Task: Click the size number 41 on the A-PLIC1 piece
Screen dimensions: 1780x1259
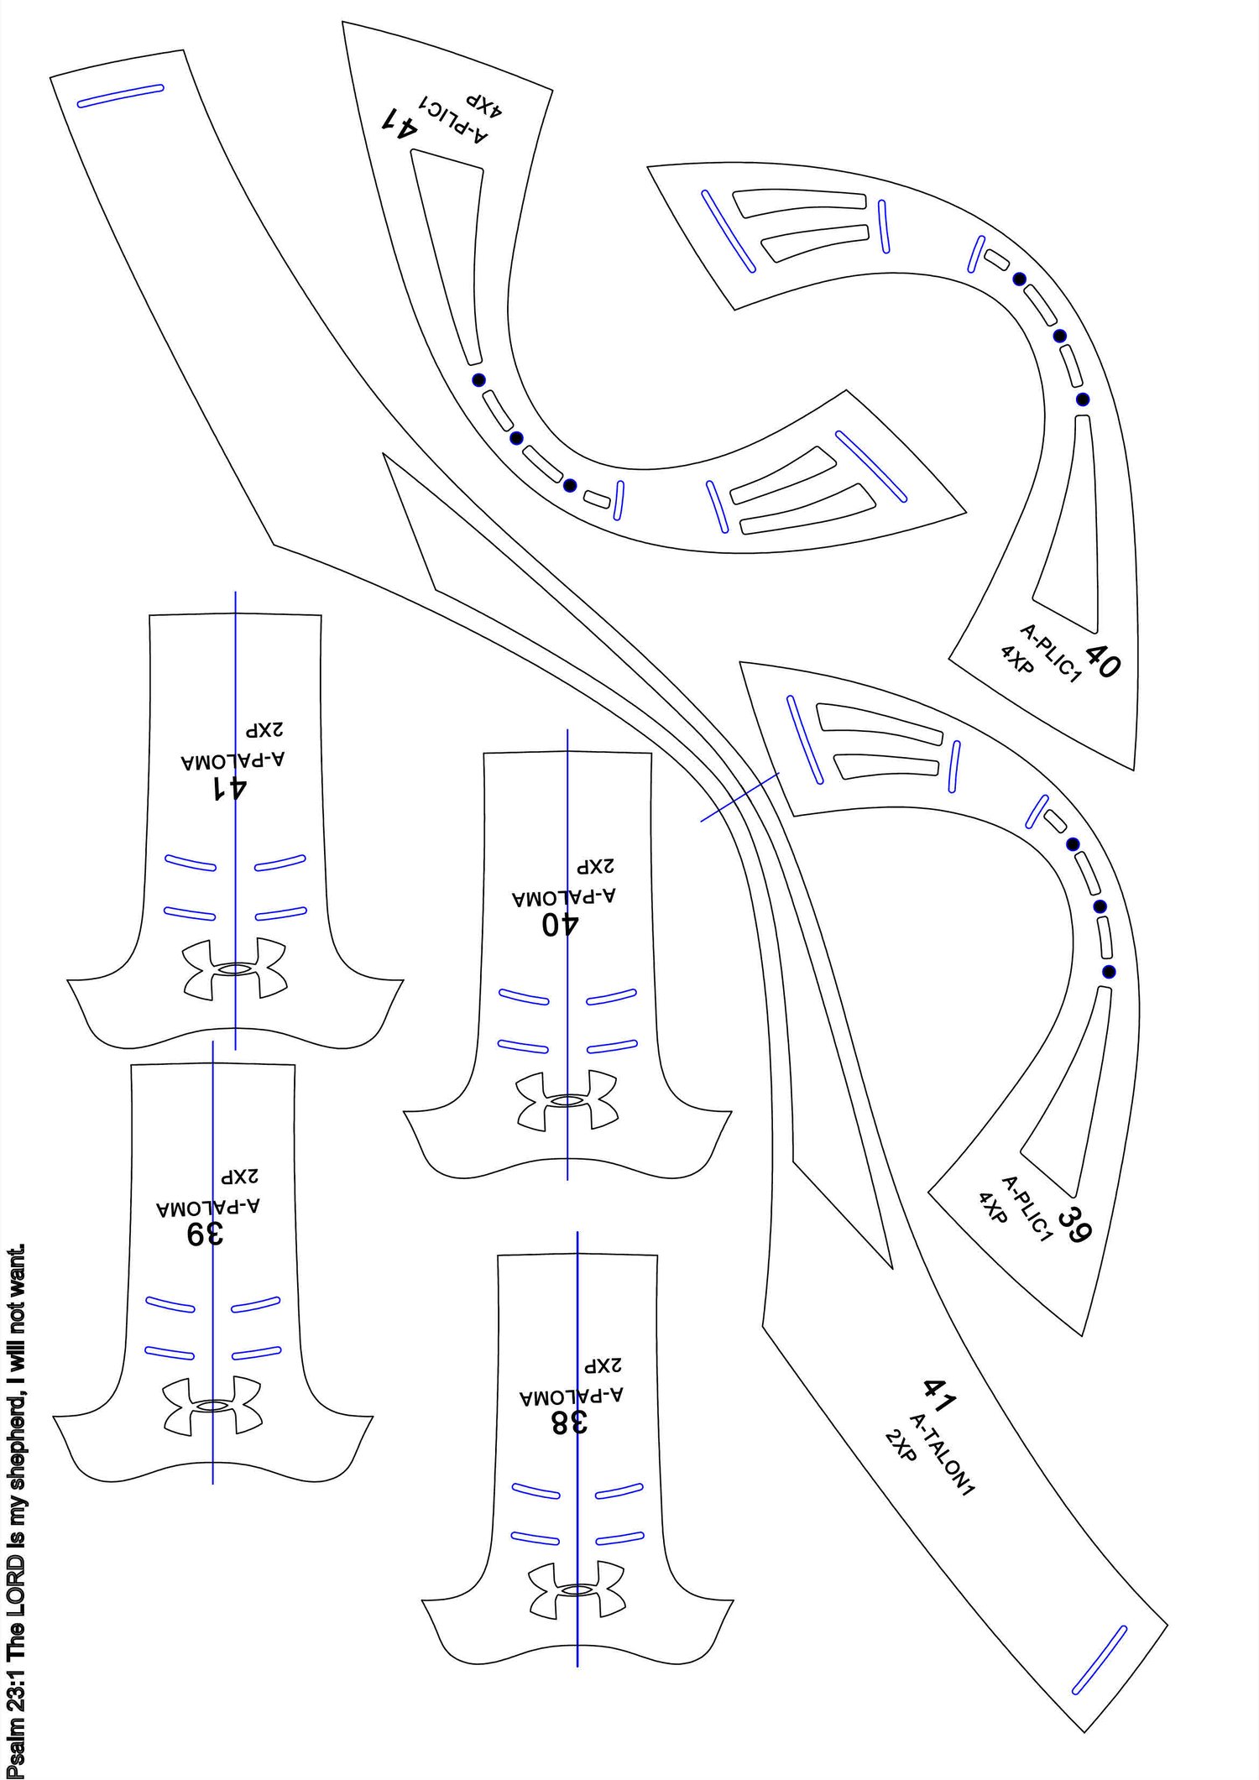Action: pos(400,123)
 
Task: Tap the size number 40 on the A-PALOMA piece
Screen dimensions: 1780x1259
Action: pos(560,924)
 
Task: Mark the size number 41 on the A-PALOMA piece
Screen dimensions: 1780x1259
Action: pos(227,788)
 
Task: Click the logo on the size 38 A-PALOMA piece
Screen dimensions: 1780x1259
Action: pos(577,1589)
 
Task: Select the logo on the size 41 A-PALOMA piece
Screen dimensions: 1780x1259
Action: pos(235,969)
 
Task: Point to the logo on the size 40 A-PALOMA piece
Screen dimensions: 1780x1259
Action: pos(567,1100)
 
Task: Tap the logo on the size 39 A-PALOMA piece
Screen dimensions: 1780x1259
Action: pos(212,1405)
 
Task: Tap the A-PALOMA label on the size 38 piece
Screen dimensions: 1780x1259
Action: pos(572,1396)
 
